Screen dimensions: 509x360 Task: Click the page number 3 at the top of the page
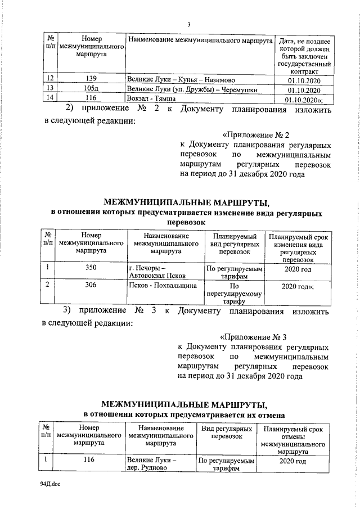(189, 24)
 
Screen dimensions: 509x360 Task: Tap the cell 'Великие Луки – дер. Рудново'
(152, 465)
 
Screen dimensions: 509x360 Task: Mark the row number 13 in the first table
(50, 89)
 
